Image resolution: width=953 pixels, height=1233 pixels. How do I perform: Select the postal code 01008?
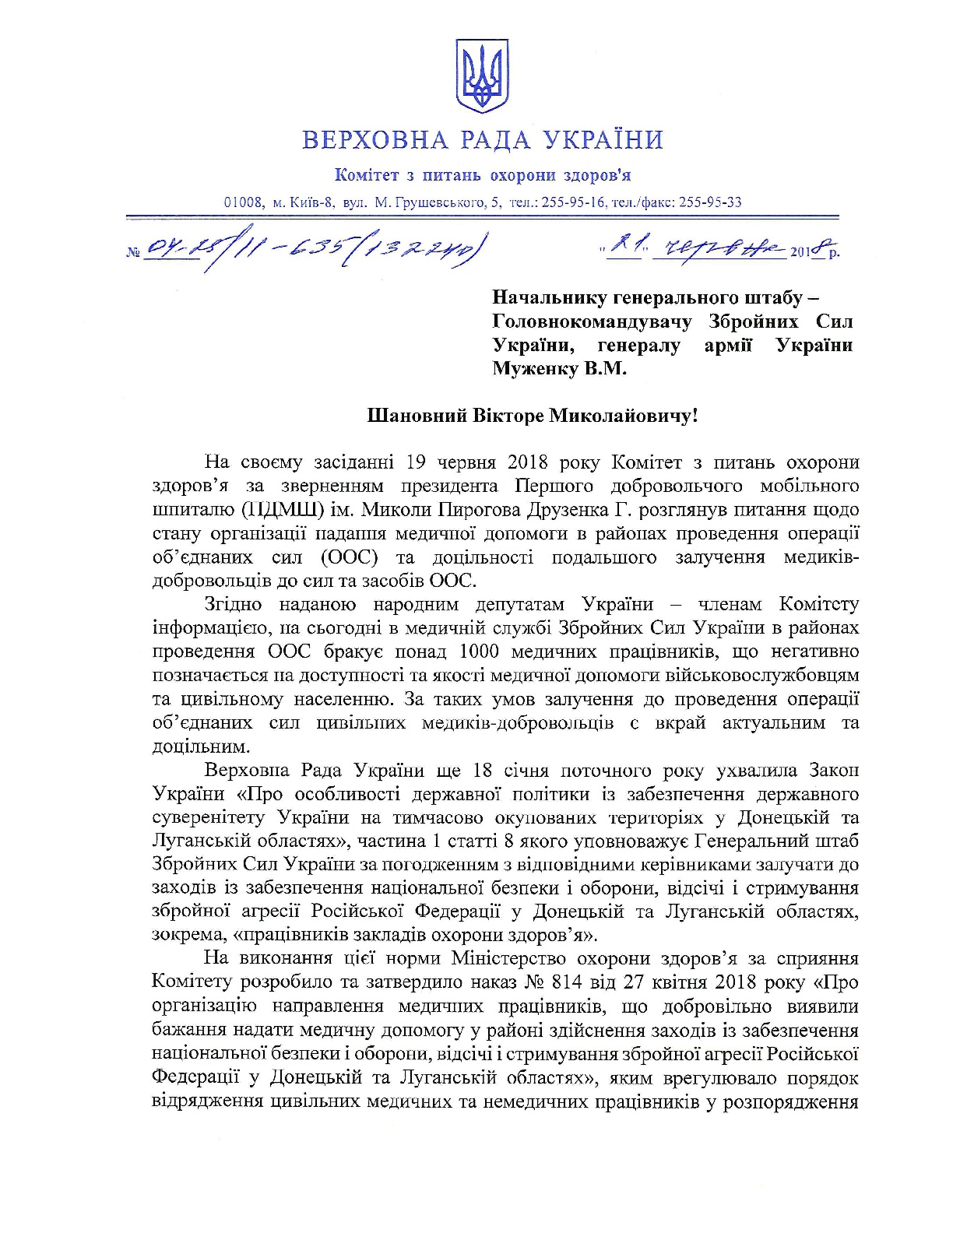pyautogui.click(x=245, y=202)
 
